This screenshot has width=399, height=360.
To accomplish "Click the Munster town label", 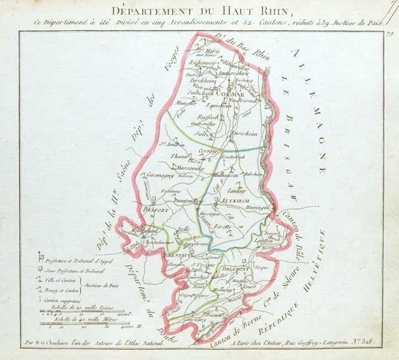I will (x=186, y=102).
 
